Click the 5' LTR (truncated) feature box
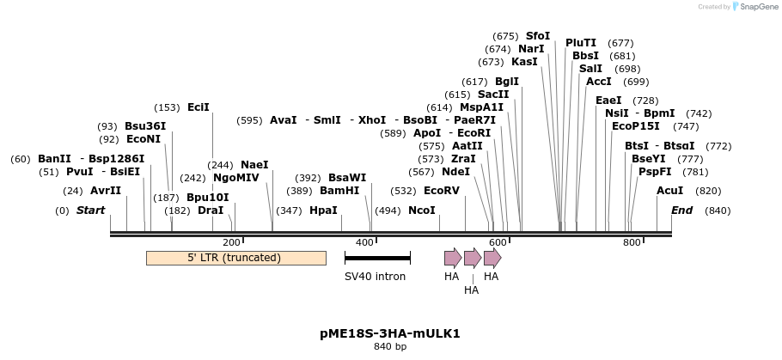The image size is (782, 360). pos(235,258)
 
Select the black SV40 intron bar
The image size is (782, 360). pos(377,257)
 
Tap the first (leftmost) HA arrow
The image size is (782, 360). pos(452,257)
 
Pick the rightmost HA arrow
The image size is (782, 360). pos(492,257)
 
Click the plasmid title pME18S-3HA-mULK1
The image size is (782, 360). pos(390,333)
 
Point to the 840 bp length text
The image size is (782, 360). pos(390,347)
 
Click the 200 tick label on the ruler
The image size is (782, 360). pos(231,243)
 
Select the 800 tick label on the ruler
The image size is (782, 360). pos(632,243)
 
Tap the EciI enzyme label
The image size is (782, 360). pos(199,107)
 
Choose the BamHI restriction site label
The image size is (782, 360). pos(339,191)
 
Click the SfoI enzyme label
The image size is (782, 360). pos(538,36)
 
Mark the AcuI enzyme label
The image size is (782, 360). pos(669,191)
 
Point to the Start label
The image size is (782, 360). pos(90,211)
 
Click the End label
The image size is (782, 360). pos(681,211)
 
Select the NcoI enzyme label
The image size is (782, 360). pos(421,211)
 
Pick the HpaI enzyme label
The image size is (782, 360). pos(323,211)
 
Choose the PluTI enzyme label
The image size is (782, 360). pos(581,43)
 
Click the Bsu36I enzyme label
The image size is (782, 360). pos(145,126)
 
